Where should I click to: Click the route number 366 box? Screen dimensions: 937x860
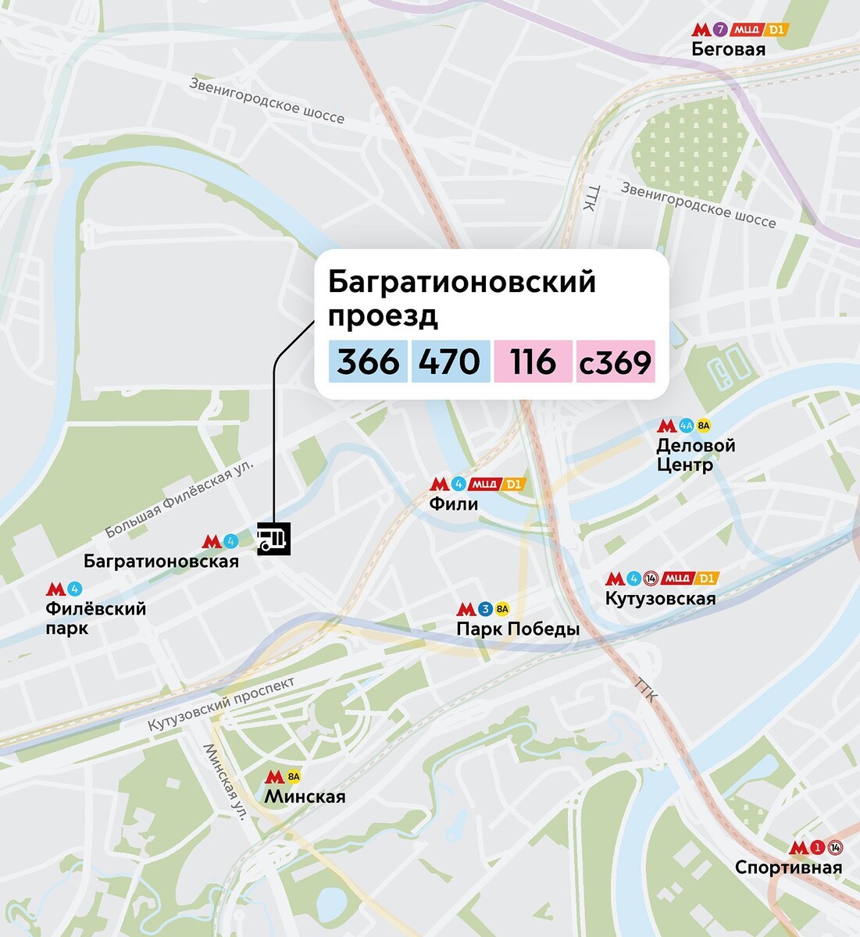coord(368,362)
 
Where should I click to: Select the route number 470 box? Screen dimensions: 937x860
coord(450,362)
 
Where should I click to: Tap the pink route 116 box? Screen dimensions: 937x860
coord(533,362)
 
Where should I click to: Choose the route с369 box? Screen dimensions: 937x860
coord(616,362)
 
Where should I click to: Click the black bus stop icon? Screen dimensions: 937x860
coord(273,539)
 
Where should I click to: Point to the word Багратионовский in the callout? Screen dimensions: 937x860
coord(462,282)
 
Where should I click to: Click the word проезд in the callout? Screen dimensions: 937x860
coord(383,316)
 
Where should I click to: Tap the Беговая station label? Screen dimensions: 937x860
coord(728,50)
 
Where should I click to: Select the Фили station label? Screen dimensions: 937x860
coord(453,504)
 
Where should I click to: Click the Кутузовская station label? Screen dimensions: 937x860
coord(660,599)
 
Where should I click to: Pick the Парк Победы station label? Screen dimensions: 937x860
coord(518,629)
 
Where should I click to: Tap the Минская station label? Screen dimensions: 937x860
coord(305,796)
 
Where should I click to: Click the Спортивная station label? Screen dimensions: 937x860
coord(789,868)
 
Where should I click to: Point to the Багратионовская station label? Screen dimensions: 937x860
coord(161,561)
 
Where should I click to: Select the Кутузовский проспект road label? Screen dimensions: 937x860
coord(222,705)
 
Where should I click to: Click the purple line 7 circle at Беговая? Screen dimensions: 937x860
coord(720,30)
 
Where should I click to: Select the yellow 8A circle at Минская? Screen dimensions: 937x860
coord(294,777)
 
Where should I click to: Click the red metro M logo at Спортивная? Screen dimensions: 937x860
coord(798,848)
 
